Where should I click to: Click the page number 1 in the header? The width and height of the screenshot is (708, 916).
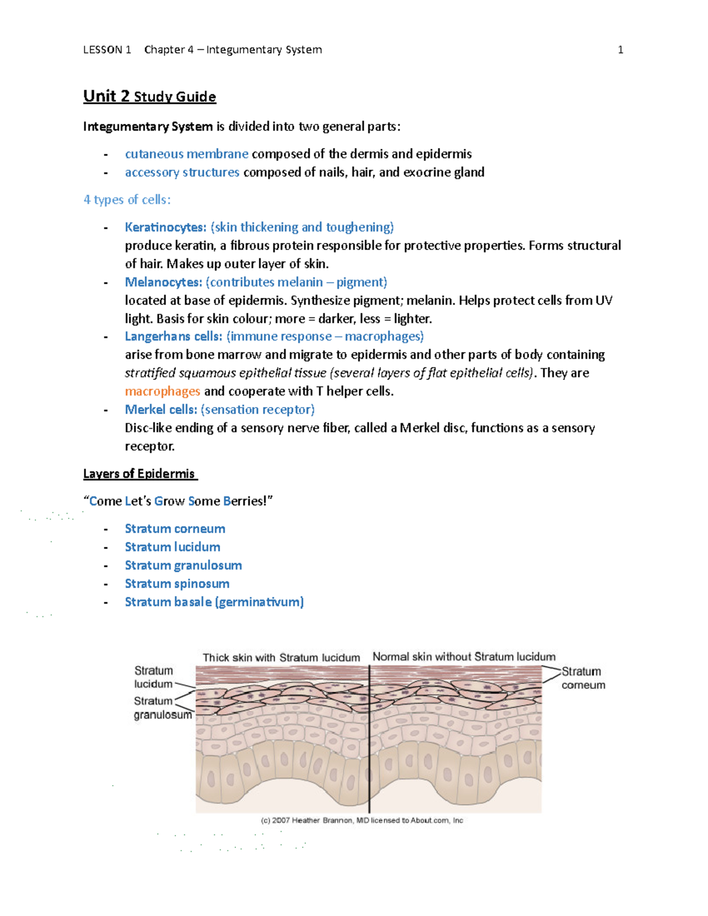(620, 50)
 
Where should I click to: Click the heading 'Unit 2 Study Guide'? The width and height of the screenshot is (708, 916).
(149, 97)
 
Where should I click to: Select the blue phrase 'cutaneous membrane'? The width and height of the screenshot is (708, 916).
(186, 154)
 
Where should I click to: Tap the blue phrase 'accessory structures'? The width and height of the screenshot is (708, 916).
(182, 172)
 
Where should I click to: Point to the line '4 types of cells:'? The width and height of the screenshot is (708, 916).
(127, 200)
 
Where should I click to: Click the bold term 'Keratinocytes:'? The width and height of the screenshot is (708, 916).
(165, 227)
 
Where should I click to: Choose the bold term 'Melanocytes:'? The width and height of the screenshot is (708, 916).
(163, 282)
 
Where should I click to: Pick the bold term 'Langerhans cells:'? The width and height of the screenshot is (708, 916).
(173, 336)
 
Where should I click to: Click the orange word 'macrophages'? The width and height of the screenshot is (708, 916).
(162, 391)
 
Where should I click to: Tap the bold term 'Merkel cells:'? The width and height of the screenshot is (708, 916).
(160, 409)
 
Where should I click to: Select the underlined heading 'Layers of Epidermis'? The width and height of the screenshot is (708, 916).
(139, 474)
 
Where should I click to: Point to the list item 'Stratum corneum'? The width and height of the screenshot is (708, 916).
(175, 528)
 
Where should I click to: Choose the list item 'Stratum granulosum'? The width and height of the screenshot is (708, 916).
(183, 565)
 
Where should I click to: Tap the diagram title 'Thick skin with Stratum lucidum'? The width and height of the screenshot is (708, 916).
(281, 658)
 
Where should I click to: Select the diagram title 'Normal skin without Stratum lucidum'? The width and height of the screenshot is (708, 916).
(464, 657)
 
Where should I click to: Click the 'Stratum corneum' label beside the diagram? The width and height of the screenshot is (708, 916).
(582, 678)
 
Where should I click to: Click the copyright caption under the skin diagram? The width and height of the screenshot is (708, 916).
(362, 820)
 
